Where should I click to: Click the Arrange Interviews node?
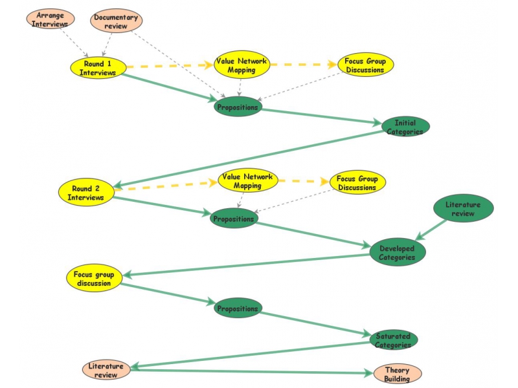coord(50,19)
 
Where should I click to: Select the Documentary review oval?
coord(116,21)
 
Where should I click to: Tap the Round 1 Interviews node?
coord(98,68)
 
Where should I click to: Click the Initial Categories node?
coord(405,126)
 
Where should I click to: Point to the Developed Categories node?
coord(397,253)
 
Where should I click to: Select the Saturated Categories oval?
coord(393,340)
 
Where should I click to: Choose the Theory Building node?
coord(397,374)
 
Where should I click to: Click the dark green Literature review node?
coord(463,209)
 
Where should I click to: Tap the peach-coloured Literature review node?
coord(106,370)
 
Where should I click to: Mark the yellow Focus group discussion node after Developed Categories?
coord(94,278)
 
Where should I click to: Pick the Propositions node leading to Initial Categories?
coord(238,107)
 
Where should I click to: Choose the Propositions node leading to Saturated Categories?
coord(238,308)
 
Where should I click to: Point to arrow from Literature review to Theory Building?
coord(253,372)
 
